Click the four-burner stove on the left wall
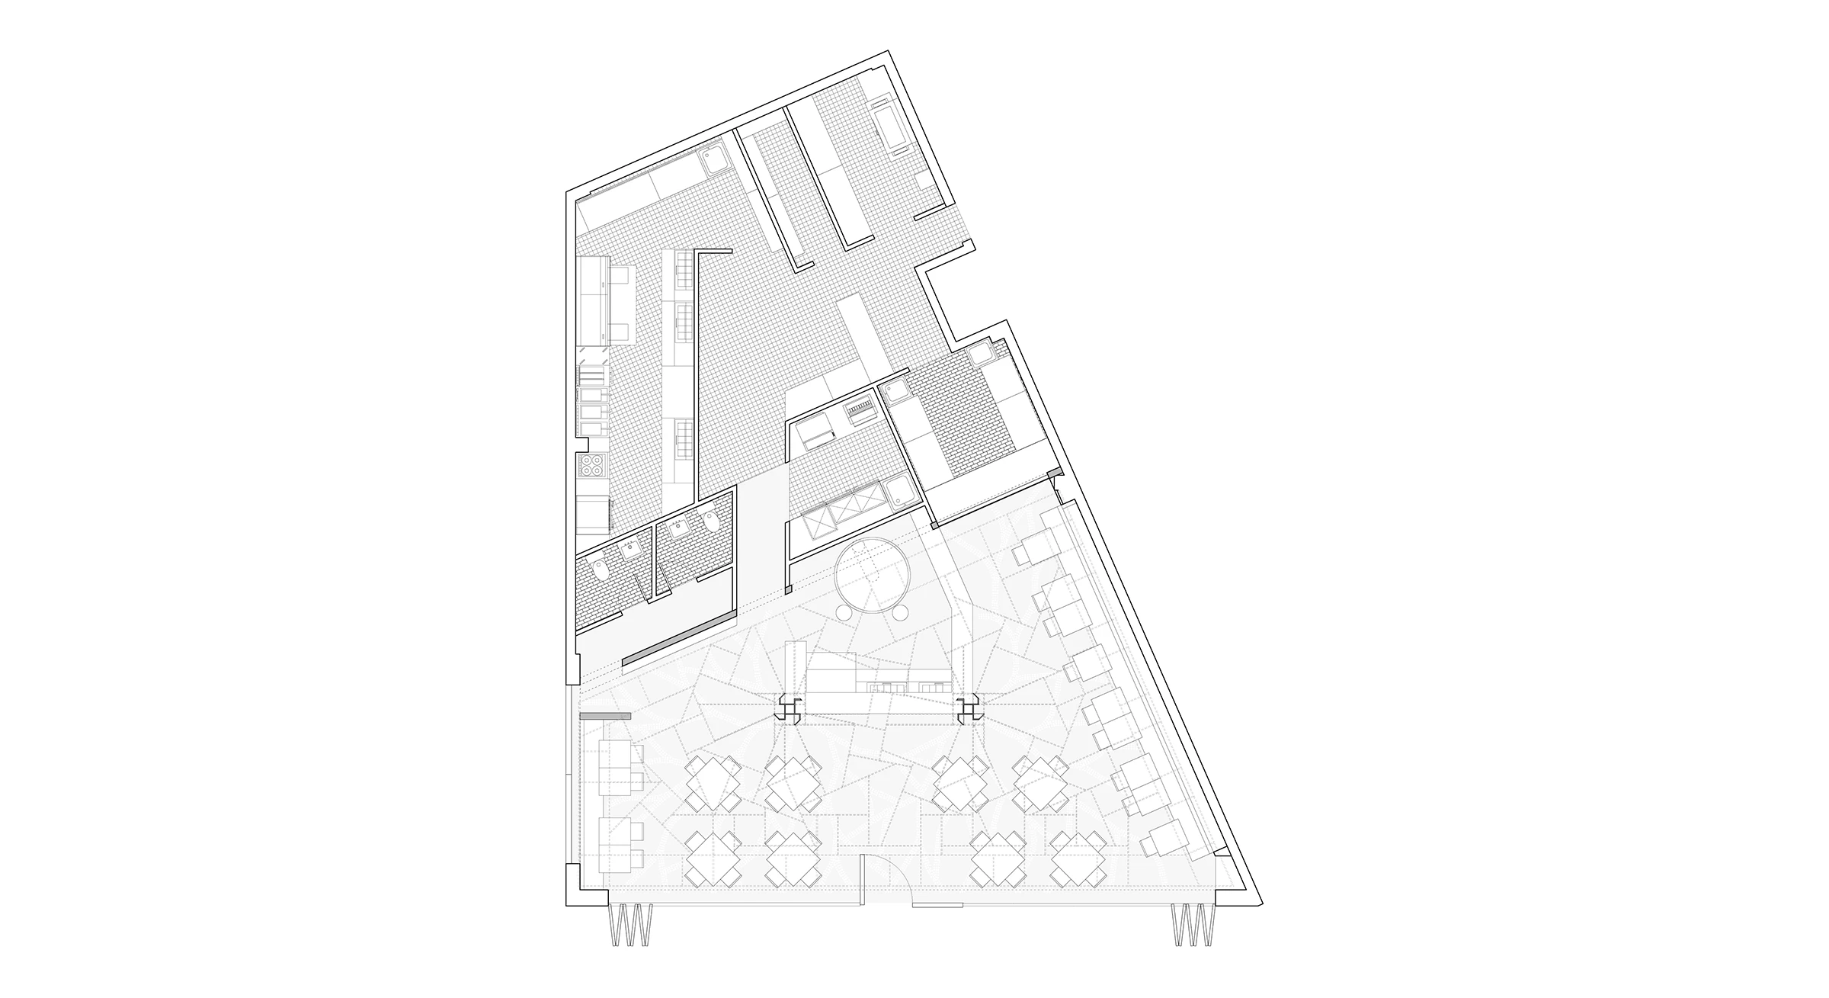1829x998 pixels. point(592,464)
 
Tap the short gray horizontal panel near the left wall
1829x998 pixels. point(606,716)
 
